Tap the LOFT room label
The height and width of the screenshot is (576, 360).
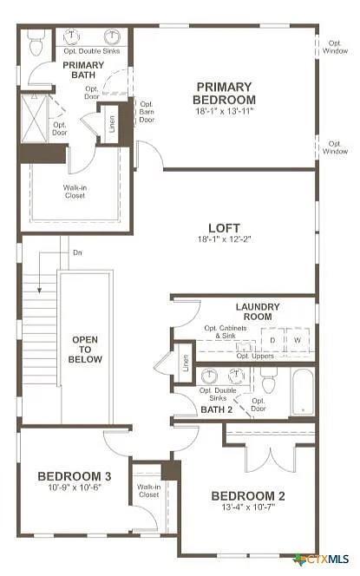[x=224, y=228]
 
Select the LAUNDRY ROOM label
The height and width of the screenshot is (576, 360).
[x=258, y=311]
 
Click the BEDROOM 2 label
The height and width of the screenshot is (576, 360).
[x=248, y=496]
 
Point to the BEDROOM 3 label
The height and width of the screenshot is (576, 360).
[x=74, y=475]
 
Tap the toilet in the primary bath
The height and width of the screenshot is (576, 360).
[x=36, y=43]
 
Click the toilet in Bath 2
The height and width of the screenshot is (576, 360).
[x=268, y=381]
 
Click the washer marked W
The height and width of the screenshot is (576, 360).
[x=298, y=340]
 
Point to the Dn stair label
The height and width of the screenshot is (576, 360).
[x=77, y=252]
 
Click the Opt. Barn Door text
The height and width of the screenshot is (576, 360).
[x=147, y=111]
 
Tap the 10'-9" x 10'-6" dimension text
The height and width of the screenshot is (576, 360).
[x=74, y=488]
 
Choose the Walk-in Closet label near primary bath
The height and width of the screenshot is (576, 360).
[x=75, y=191]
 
